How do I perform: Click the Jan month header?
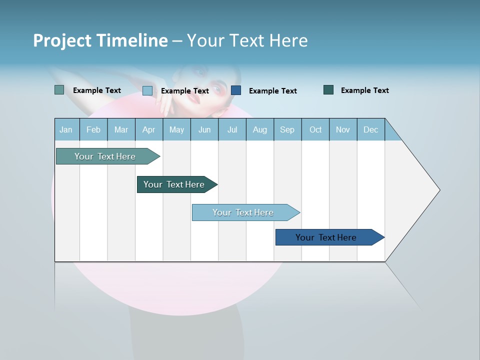66,129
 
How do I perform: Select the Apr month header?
149,129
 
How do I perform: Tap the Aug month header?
259,129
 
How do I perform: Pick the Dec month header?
370,129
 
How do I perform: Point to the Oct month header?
315,129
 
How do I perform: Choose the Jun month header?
204,129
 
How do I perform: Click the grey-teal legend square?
59,90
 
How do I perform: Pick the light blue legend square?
147,90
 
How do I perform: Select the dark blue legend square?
236,90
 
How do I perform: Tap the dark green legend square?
328,90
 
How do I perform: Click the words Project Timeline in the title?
100,40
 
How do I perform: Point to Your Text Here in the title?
247,40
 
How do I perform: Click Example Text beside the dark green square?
364,90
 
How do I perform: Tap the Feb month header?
93,129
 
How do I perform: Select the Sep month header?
287,129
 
